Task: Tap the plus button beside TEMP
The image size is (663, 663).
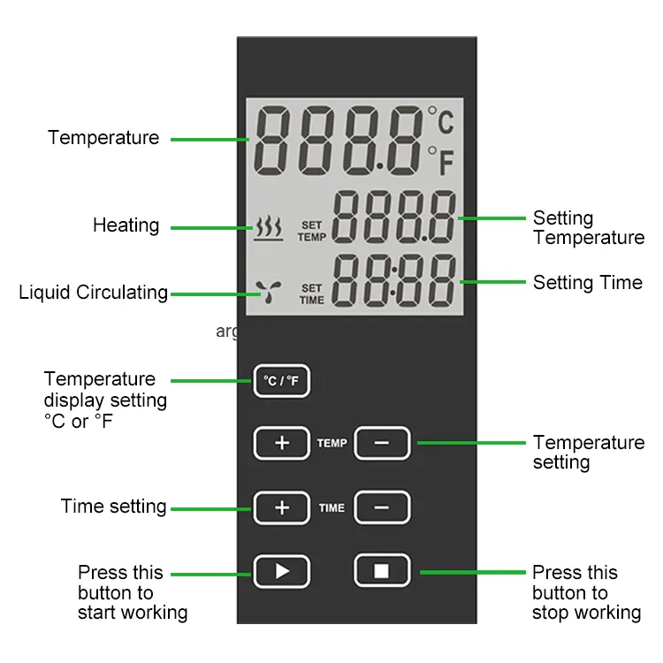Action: click(x=282, y=443)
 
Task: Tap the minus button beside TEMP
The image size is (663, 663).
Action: click(x=382, y=443)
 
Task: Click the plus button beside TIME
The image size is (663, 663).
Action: click(x=282, y=507)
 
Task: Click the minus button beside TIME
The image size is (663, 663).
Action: click(x=382, y=507)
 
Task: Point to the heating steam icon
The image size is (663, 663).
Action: click(x=269, y=228)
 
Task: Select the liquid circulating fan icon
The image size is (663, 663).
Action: click(x=269, y=292)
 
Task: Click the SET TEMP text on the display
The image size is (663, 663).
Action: click(x=312, y=231)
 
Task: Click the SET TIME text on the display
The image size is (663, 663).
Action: click(x=312, y=293)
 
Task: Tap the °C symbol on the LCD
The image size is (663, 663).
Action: click(x=441, y=119)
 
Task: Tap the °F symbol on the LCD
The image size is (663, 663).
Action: click(x=441, y=161)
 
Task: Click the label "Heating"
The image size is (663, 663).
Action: click(x=126, y=225)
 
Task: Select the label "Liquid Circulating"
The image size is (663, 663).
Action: click(x=93, y=293)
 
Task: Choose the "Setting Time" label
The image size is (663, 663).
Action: click(x=588, y=283)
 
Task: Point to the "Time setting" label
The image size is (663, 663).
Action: click(x=113, y=507)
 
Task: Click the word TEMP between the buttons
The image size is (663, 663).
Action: click(x=331, y=443)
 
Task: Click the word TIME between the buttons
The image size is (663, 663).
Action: click(x=331, y=507)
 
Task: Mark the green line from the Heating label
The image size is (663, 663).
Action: click(x=212, y=228)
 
